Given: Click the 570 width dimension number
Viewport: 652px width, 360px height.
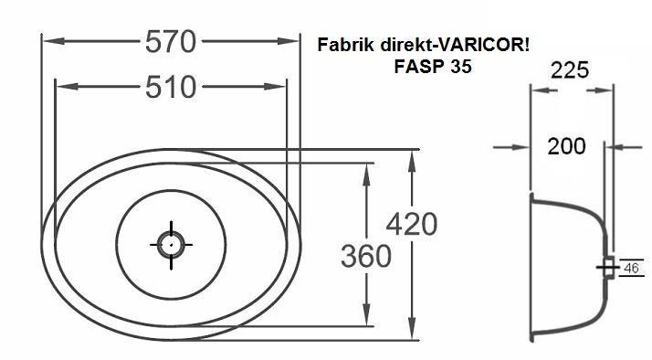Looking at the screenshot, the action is coord(171,42).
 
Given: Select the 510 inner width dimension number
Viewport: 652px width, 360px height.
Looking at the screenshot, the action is coord(171,87).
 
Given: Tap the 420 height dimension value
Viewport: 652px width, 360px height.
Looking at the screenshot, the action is coord(412,224).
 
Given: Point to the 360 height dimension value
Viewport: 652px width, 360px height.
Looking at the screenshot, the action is coord(366,256).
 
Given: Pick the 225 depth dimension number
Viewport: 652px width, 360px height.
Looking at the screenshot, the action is coord(570,70).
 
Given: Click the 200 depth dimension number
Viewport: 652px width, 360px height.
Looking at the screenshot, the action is coord(566,146).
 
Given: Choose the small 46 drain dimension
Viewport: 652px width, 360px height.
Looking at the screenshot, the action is coord(631,268).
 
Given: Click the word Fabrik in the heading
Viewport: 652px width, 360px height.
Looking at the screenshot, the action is coord(346,45).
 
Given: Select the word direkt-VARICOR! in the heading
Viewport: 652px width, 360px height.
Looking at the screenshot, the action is coord(455,45).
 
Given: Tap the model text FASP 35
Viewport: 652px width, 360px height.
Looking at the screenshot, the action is coord(433,67).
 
